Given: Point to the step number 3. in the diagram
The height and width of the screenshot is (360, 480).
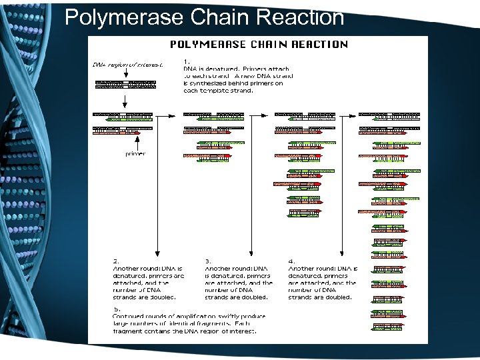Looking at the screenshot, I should click(208, 261).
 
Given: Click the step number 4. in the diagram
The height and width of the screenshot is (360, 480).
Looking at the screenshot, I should click(291, 261).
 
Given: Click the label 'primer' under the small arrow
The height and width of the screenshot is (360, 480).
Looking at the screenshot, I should click(135, 154).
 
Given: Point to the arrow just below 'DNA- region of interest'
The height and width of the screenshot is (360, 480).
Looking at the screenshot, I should click(125, 74).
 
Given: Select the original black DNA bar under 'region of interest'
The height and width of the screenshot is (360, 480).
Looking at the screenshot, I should click(125, 85).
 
